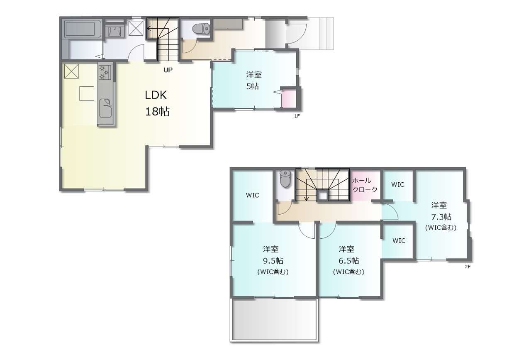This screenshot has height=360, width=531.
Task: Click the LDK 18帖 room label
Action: pos(157,103)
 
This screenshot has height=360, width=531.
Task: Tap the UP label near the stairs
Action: pos(168,70)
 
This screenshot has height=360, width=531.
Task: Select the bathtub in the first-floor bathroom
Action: pos(83,29)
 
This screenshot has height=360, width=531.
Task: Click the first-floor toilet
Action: pos(201,29)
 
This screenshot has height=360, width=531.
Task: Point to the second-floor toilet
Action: pos(285,179)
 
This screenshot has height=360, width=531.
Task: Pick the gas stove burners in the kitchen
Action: pos(105,72)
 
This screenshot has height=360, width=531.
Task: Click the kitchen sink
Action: pos(105,108)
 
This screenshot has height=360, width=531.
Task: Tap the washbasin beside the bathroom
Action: pos(115,30)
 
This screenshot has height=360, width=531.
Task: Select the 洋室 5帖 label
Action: pos(253,81)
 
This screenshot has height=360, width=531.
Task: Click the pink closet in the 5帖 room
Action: pos(289,98)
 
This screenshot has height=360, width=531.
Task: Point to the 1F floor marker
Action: pos(297,116)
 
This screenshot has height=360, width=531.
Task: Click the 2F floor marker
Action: pos(468,267)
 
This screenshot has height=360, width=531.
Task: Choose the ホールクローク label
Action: pos(365,185)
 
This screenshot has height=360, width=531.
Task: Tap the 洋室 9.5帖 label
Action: pos(273,260)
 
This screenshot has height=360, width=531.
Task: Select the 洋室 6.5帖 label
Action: pos(348,260)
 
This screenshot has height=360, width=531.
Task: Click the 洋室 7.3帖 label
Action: pos(441,216)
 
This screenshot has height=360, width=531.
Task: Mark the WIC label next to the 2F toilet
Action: pos(253,195)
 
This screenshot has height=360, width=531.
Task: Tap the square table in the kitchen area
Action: pos(87,93)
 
